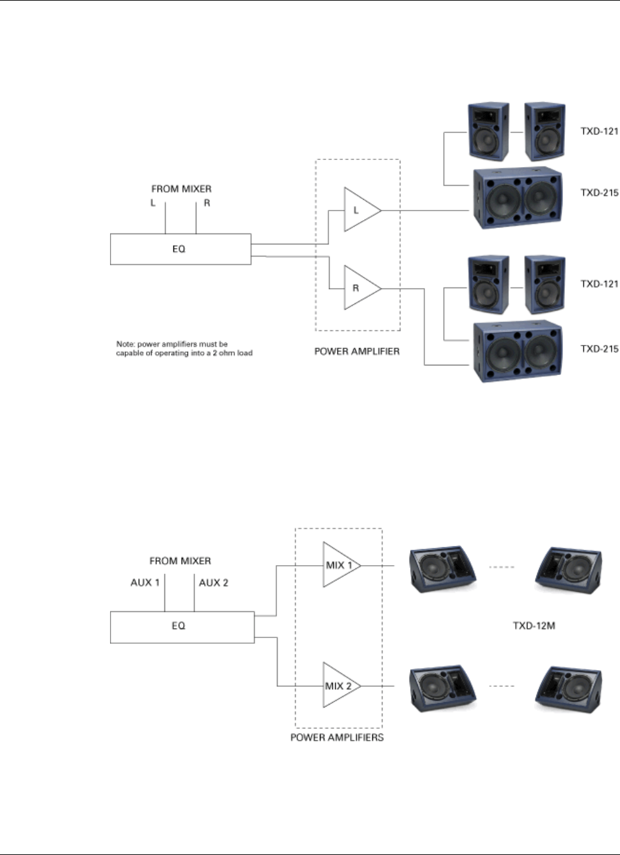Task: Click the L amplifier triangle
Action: [360, 210]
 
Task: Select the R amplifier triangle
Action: [359, 288]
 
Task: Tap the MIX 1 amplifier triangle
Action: [339, 565]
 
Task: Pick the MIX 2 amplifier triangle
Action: [339, 685]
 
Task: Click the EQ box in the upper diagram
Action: [180, 249]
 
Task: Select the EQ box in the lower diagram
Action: [182, 626]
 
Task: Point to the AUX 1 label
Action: [145, 582]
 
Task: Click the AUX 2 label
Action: [214, 582]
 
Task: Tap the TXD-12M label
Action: [534, 625]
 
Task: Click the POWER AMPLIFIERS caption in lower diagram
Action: [337, 737]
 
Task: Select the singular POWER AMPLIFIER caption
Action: [357, 351]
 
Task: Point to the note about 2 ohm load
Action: [184, 348]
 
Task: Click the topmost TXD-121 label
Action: [600, 131]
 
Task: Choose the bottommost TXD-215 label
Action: [600, 349]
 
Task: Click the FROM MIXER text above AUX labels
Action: [180, 561]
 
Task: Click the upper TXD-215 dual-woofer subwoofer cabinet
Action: [517, 199]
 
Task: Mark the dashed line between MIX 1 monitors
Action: [502, 566]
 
